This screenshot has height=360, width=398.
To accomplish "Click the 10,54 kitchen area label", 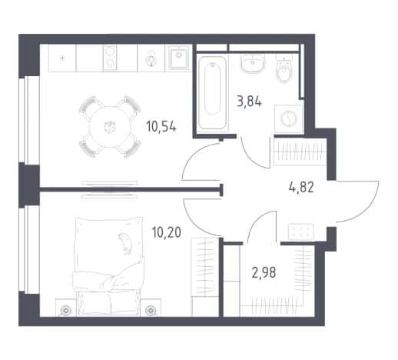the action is (x=161, y=127).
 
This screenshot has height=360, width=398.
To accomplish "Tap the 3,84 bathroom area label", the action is (x=249, y=102).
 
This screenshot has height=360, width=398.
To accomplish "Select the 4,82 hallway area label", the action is (x=301, y=188).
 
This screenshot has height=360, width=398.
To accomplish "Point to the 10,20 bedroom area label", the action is (x=167, y=232).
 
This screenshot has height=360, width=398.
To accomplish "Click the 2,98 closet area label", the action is (x=264, y=272).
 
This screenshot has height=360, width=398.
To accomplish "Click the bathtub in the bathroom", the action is (x=212, y=93).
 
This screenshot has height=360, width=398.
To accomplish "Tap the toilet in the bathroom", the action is (x=284, y=68).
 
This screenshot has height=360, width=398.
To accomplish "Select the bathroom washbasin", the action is (x=253, y=63).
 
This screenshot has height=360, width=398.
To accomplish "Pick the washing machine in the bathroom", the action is (x=289, y=118).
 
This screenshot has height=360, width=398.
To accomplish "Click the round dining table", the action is (x=110, y=127).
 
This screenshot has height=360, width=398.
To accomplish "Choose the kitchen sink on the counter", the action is (x=178, y=58).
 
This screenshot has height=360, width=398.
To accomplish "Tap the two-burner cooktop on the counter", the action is (x=110, y=58).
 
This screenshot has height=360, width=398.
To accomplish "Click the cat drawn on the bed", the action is (x=125, y=244).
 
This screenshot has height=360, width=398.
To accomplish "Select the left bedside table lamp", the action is (x=66, y=311).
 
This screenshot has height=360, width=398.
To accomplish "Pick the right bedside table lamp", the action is (x=151, y=311).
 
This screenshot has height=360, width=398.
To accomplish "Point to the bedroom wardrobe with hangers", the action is (x=205, y=277).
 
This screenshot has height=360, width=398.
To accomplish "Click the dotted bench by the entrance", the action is (x=301, y=232).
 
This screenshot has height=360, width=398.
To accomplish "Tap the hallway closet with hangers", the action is (x=300, y=152).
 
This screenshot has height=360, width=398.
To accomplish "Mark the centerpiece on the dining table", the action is (x=110, y=127).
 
